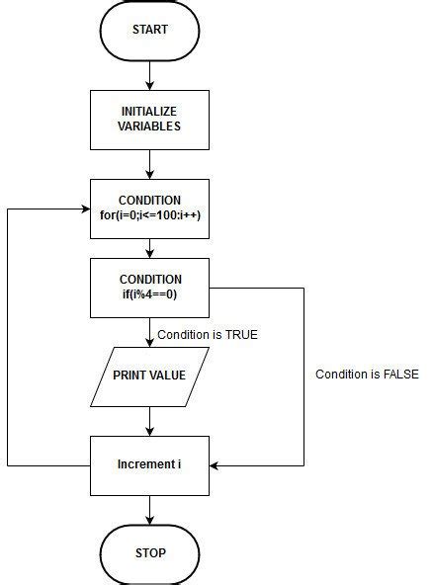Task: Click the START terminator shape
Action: (150, 30)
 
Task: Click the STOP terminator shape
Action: (150, 552)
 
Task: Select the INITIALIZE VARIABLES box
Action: (150, 120)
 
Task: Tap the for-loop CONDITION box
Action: (150, 209)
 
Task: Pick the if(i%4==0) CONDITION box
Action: (150, 288)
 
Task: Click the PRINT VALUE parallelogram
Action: (150, 376)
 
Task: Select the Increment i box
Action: (150, 464)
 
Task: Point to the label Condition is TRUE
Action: (207, 335)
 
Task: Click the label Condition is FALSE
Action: (367, 375)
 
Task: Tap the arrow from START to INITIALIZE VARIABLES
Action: (150, 74)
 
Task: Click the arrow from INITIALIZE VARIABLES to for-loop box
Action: (150, 164)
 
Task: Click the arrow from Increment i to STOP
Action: (150, 509)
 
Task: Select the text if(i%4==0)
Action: (150, 295)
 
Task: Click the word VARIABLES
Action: (150, 127)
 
